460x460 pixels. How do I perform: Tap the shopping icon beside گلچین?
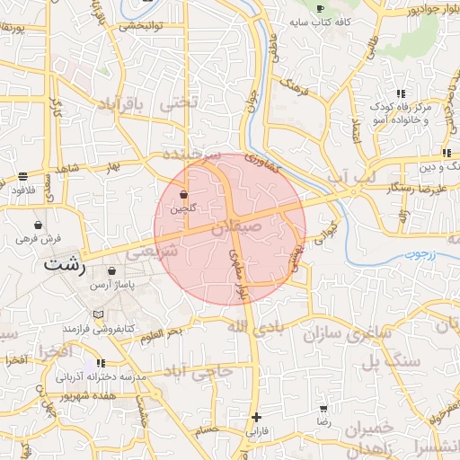pos(183,194)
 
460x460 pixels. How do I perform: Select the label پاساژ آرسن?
pos(111,284)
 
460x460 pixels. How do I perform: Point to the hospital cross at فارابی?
pos(257,417)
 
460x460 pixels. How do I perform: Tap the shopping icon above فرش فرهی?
pos(38,226)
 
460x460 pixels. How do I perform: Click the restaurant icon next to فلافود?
pos(22,176)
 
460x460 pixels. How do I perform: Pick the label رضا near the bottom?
pos(323,420)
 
